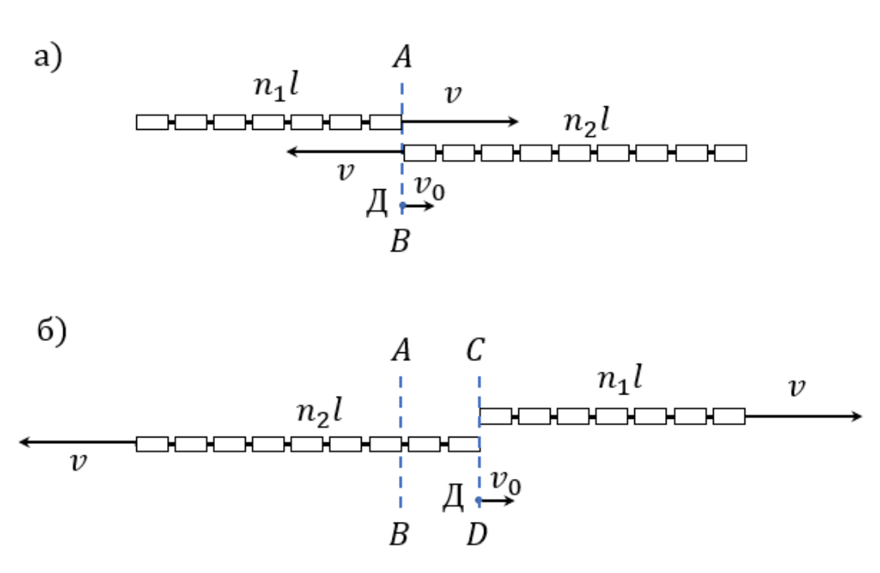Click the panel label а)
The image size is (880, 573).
(x=49, y=58)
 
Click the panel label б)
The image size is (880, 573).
(x=52, y=331)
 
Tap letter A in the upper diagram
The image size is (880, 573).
(x=401, y=58)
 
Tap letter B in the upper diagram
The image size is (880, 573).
(x=400, y=242)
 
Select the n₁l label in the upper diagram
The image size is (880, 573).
(x=276, y=87)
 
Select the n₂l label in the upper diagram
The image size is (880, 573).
(x=586, y=123)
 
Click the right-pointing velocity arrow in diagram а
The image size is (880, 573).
(x=460, y=122)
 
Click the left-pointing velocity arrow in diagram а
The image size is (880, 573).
(x=345, y=151)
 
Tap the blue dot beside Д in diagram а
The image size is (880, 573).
(x=402, y=206)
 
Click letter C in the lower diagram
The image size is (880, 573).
(x=475, y=350)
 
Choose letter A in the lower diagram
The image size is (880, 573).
(x=401, y=351)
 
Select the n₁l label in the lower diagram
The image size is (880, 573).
(x=620, y=379)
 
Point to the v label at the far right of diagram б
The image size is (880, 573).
(x=797, y=388)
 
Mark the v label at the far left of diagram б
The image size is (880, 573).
(x=79, y=463)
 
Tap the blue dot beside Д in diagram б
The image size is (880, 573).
(x=479, y=500)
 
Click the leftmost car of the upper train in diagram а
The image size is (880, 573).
(x=152, y=122)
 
